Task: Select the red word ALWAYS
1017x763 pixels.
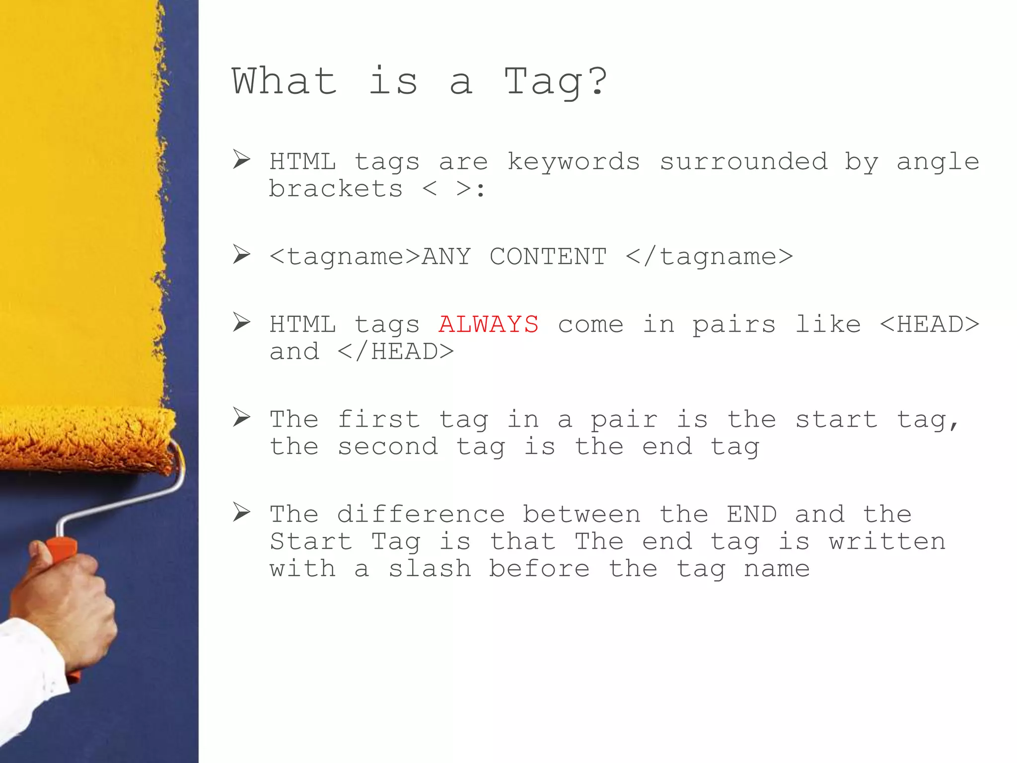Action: (x=488, y=324)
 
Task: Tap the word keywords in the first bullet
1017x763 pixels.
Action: (x=573, y=162)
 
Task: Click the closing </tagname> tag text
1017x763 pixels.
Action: (x=709, y=257)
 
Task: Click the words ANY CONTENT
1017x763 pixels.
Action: (x=513, y=257)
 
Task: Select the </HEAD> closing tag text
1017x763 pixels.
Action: (x=395, y=352)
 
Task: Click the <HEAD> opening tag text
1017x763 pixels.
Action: (x=929, y=324)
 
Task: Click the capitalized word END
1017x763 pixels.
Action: (x=751, y=514)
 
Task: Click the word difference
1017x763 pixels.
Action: (x=421, y=514)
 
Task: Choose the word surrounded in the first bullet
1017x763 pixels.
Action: (x=743, y=162)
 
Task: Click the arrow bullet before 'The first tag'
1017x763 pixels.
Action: (x=241, y=417)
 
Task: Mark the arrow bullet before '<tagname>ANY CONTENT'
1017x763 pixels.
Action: (x=241, y=255)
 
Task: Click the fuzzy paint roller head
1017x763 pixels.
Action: (x=84, y=437)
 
